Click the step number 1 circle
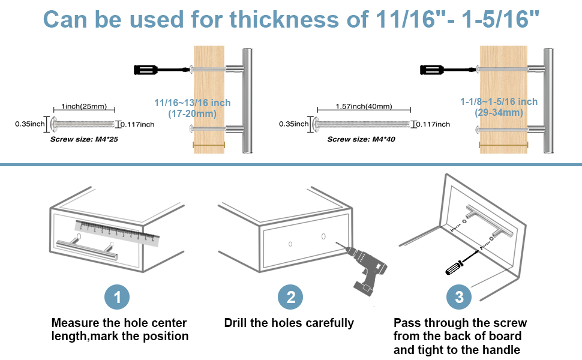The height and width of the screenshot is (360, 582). click(x=117, y=297)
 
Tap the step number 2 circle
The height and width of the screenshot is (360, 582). click(x=290, y=297)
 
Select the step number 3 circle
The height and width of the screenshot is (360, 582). click(x=459, y=297)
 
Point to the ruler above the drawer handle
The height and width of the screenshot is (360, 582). click(x=118, y=233)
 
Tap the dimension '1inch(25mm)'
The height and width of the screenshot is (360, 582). click(x=84, y=107)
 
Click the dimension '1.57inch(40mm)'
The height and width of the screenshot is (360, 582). click(x=363, y=107)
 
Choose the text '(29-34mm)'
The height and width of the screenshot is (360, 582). click(x=499, y=112)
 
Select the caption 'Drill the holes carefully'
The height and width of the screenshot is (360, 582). click(x=289, y=323)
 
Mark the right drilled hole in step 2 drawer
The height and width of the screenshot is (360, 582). click(x=323, y=236)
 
